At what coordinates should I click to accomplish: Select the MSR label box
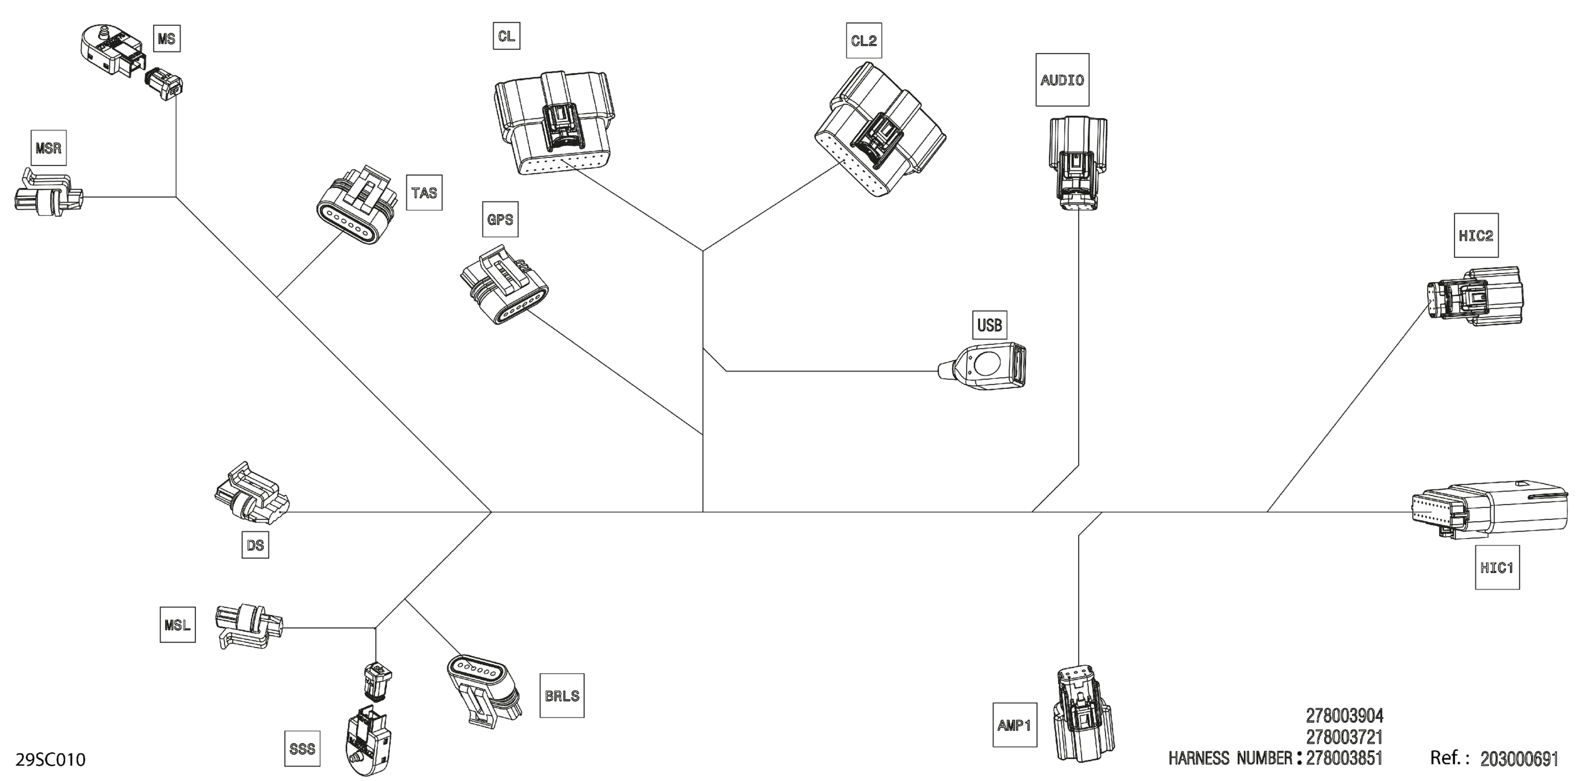coord(48,148)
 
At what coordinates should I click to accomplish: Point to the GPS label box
coord(500,219)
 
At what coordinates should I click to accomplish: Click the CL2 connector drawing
coord(880,130)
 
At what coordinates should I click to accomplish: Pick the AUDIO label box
coord(1062,79)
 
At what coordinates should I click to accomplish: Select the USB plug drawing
coord(984,367)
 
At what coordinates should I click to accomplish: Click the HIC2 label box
coord(1476,235)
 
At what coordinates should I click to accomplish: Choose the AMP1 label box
coord(1014,725)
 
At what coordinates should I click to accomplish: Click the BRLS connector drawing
coord(483,689)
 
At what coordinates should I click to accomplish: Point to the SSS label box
coord(302,748)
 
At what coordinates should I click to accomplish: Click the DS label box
coord(255,545)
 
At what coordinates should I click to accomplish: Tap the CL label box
coord(506,36)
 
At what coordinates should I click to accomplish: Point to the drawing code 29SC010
coord(50,760)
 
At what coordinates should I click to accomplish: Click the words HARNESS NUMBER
coord(1230,759)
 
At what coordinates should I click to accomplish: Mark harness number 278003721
coord(1344,737)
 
